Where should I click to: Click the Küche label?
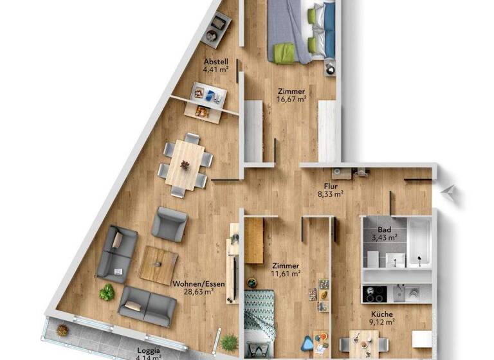[381, 316]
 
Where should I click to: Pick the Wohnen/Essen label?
[193, 282]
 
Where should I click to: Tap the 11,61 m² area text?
[286, 273]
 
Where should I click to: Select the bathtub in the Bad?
[419, 243]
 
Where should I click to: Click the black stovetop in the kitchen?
[374, 294]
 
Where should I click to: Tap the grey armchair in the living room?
[169, 224]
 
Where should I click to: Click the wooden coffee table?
[159, 264]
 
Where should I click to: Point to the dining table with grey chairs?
[185, 165]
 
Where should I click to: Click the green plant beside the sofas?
[107, 292]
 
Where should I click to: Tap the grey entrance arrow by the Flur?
[451, 191]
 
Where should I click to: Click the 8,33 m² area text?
[332, 192]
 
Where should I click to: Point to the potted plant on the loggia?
[62, 330]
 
